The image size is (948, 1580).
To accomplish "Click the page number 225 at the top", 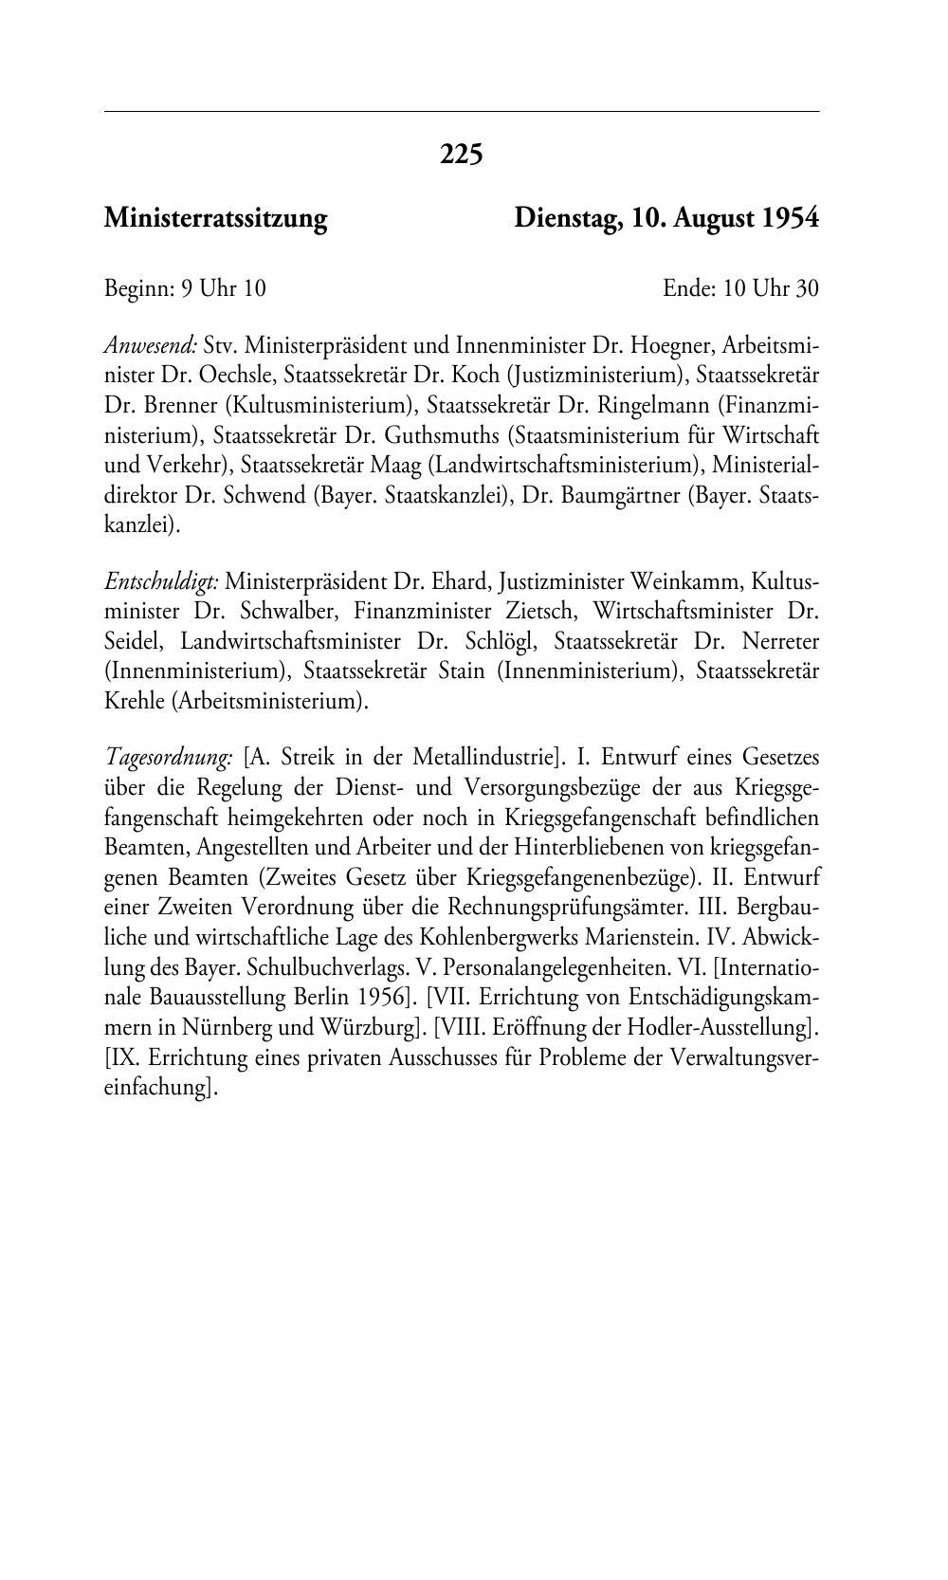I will tap(462, 154).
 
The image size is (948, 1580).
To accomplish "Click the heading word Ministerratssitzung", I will tap(215, 219).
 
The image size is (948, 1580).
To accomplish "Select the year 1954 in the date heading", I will tap(791, 219).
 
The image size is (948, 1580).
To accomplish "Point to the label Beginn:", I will tap(139, 288).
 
